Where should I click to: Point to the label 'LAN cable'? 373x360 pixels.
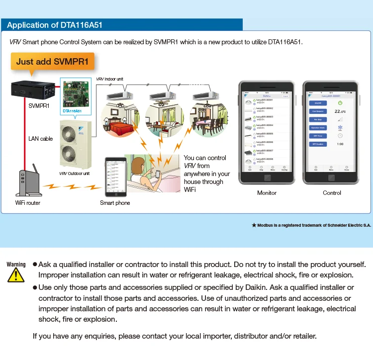click(40, 139)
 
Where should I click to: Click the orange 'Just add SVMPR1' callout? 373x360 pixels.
click(52, 62)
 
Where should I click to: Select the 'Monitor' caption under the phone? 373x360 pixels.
click(267, 193)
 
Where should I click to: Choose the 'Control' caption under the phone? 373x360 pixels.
click(332, 193)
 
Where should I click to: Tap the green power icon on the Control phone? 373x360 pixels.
click(340, 103)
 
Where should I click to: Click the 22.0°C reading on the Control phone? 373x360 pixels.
click(340, 112)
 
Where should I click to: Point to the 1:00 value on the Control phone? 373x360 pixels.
click(340, 144)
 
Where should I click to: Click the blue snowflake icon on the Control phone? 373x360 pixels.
click(340, 127)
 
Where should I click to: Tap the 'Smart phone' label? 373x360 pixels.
click(115, 203)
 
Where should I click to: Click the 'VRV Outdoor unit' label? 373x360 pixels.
click(75, 174)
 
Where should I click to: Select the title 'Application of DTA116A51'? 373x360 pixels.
click(55, 25)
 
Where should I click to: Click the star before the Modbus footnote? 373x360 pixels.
click(254, 225)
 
